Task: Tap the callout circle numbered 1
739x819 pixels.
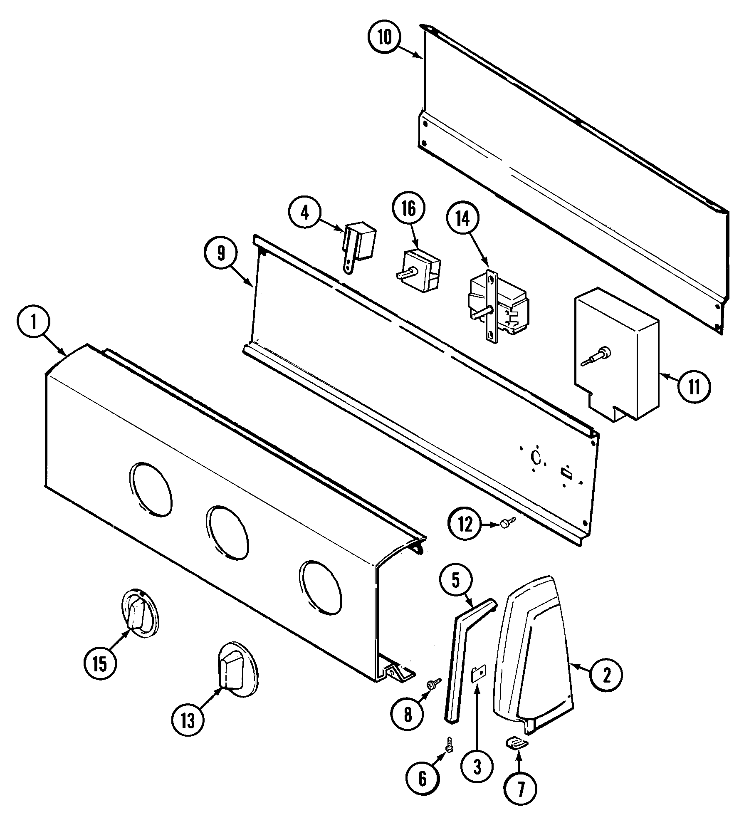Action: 35,323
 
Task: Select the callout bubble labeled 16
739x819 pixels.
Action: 409,209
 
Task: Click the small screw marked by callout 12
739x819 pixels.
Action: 507,524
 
